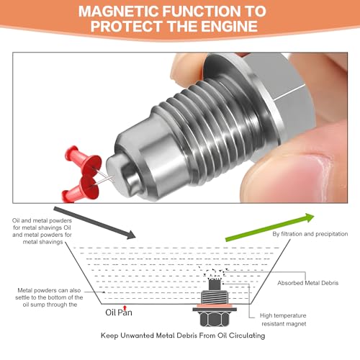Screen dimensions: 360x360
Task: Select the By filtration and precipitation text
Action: (x=310, y=234)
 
